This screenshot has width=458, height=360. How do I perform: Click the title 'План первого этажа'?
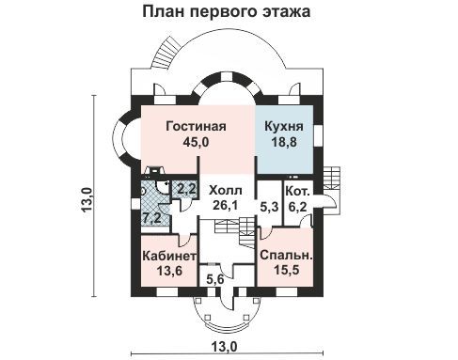227,12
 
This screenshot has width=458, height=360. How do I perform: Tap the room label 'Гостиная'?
196,126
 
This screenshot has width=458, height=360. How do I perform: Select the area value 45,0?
196,142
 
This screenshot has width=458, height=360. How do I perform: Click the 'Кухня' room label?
284,127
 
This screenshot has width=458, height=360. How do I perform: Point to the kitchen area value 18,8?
284,142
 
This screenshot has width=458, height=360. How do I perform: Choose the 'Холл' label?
226,190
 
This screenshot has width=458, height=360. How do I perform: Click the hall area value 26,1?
226,205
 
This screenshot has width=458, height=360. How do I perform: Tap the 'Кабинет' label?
169,256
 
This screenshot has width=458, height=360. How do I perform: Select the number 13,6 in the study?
169,271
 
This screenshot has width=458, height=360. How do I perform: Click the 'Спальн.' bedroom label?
287,255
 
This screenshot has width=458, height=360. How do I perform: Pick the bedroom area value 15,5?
287,270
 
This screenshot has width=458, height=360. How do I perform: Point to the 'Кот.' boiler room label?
298,191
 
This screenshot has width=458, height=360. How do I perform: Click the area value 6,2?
297,207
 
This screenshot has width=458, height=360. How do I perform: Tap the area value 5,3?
270,207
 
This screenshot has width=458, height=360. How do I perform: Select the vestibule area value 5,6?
215,278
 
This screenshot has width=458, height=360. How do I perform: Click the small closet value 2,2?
186,189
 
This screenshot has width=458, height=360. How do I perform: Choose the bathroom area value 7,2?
152,218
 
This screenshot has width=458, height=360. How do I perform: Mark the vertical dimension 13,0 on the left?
87,200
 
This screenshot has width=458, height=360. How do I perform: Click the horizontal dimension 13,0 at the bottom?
224,345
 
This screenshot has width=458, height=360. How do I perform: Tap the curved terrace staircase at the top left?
167,54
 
